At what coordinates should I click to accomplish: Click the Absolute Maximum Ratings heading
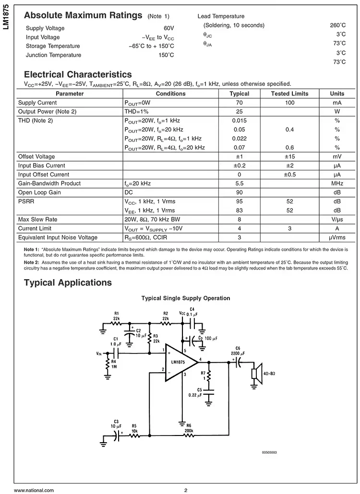pyautogui.click(x=83, y=15)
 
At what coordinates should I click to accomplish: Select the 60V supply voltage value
pyautogui.click(x=168, y=28)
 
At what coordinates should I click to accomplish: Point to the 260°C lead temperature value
pyautogui.click(x=337, y=25)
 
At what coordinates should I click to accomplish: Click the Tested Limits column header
pyautogui.click(x=289, y=94)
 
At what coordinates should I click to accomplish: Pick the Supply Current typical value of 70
pyautogui.click(x=240, y=103)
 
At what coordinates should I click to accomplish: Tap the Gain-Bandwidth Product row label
pyautogui.click(x=49, y=183)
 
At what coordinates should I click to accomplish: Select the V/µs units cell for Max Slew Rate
pyautogui.click(x=337, y=219)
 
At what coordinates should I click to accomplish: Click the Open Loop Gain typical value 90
pyautogui.click(x=240, y=192)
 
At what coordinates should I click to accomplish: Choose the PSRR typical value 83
pyautogui.click(x=240, y=210)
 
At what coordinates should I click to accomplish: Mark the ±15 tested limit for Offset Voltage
pyautogui.click(x=289, y=156)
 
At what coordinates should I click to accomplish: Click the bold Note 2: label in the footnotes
pyautogui.click(x=32, y=263)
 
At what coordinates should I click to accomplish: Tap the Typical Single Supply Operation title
pyautogui.click(x=185, y=298)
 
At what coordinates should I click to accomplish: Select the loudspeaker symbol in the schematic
pyautogui.click(x=256, y=375)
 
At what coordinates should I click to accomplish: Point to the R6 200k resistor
pyautogui.click(x=189, y=435)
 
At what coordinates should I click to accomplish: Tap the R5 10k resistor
pyautogui.click(x=134, y=435)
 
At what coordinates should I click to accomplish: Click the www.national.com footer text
pyautogui.click(x=34, y=490)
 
